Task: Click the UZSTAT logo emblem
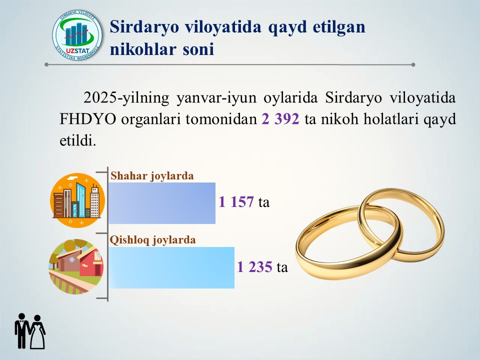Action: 77,35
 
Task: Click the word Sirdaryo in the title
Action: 144,26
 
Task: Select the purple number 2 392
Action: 280,119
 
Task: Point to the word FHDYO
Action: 87,119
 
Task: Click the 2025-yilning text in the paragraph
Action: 126,98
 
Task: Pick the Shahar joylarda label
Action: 152,176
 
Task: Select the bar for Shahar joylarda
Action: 162,203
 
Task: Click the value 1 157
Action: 236,202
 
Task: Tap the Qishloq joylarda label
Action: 153,240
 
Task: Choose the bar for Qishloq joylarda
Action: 171,267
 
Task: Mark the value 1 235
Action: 254,267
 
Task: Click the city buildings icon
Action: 77,200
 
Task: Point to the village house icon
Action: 76,266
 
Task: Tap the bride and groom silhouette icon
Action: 30,331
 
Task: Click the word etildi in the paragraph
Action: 78,141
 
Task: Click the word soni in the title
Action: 198,49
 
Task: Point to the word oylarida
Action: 291,98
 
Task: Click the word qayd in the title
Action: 287,27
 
